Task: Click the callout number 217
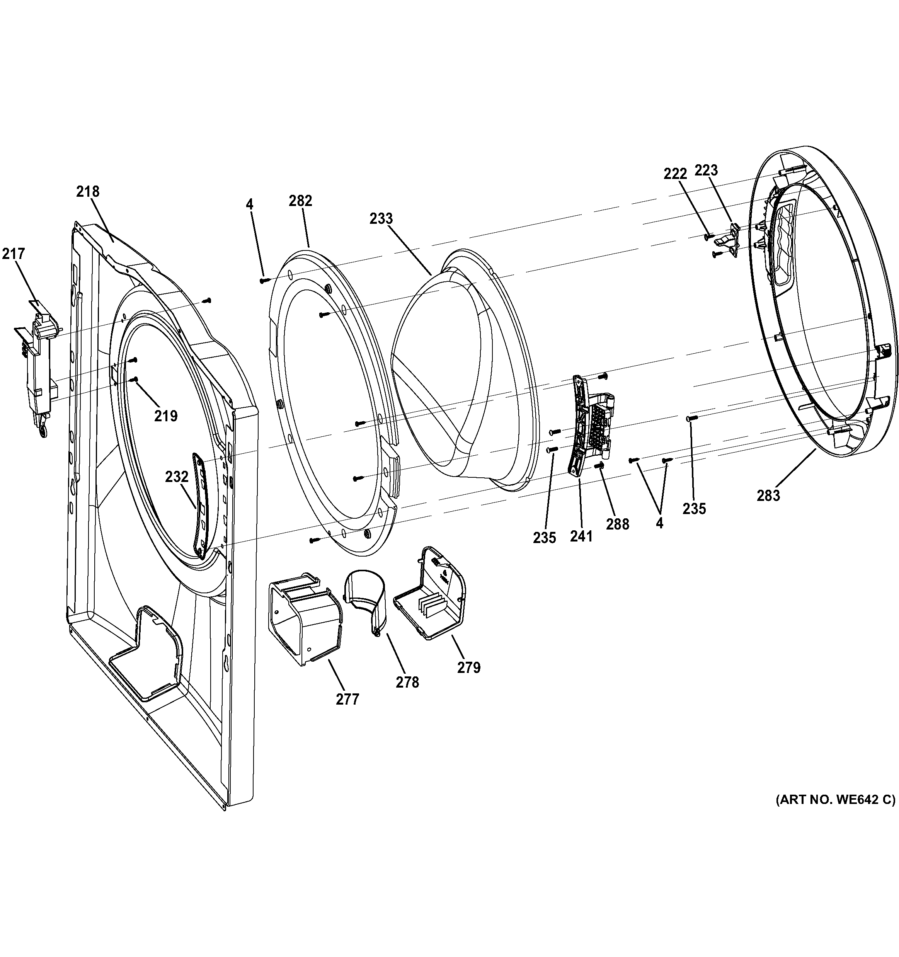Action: [x=13, y=253]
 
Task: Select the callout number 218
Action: [x=88, y=192]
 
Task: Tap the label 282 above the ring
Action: [x=300, y=201]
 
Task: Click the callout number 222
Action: [x=675, y=174]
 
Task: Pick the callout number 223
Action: [x=706, y=170]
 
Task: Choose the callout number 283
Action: [x=768, y=495]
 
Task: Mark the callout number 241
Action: [x=581, y=536]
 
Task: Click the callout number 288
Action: [x=618, y=524]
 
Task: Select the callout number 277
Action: [x=347, y=698]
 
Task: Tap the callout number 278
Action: [x=407, y=682]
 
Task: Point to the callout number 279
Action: [x=469, y=667]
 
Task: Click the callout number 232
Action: [x=177, y=477]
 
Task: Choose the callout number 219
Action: [x=165, y=415]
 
